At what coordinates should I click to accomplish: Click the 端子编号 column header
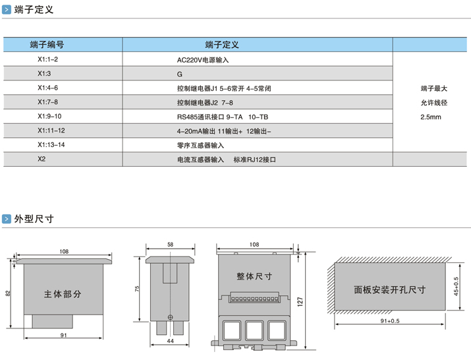point(47,45)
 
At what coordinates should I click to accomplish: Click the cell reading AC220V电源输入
point(202,60)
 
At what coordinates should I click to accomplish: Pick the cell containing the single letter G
point(179,74)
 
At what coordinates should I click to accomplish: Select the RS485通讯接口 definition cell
point(223,117)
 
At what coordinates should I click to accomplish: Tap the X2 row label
point(42,160)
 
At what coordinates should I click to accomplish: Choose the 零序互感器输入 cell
point(200,145)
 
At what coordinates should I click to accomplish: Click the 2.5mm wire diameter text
point(430,117)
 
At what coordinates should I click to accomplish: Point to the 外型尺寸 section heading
point(34,219)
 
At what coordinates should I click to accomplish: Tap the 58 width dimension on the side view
point(171,245)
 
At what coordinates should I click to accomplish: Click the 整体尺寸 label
point(254,276)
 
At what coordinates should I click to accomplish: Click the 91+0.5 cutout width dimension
point(391,321)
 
